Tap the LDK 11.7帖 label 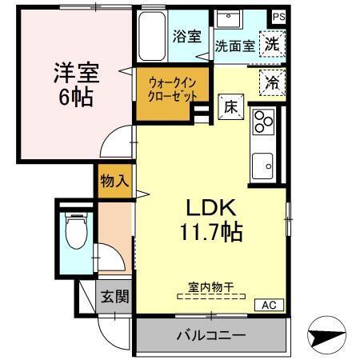(x=210, y=220)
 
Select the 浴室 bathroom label (x=186, y=35)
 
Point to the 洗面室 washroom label (x=234, y=46)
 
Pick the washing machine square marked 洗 (x=273, y=45)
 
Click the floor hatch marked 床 (x=227, y=104)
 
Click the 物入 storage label (x=114, y=181)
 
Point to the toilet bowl (x=74, y=231)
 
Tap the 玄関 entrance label (x=113, y=298)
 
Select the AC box (x=268, y=306)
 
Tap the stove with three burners (x=263, y=122)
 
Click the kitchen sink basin (x=263, y=166)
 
